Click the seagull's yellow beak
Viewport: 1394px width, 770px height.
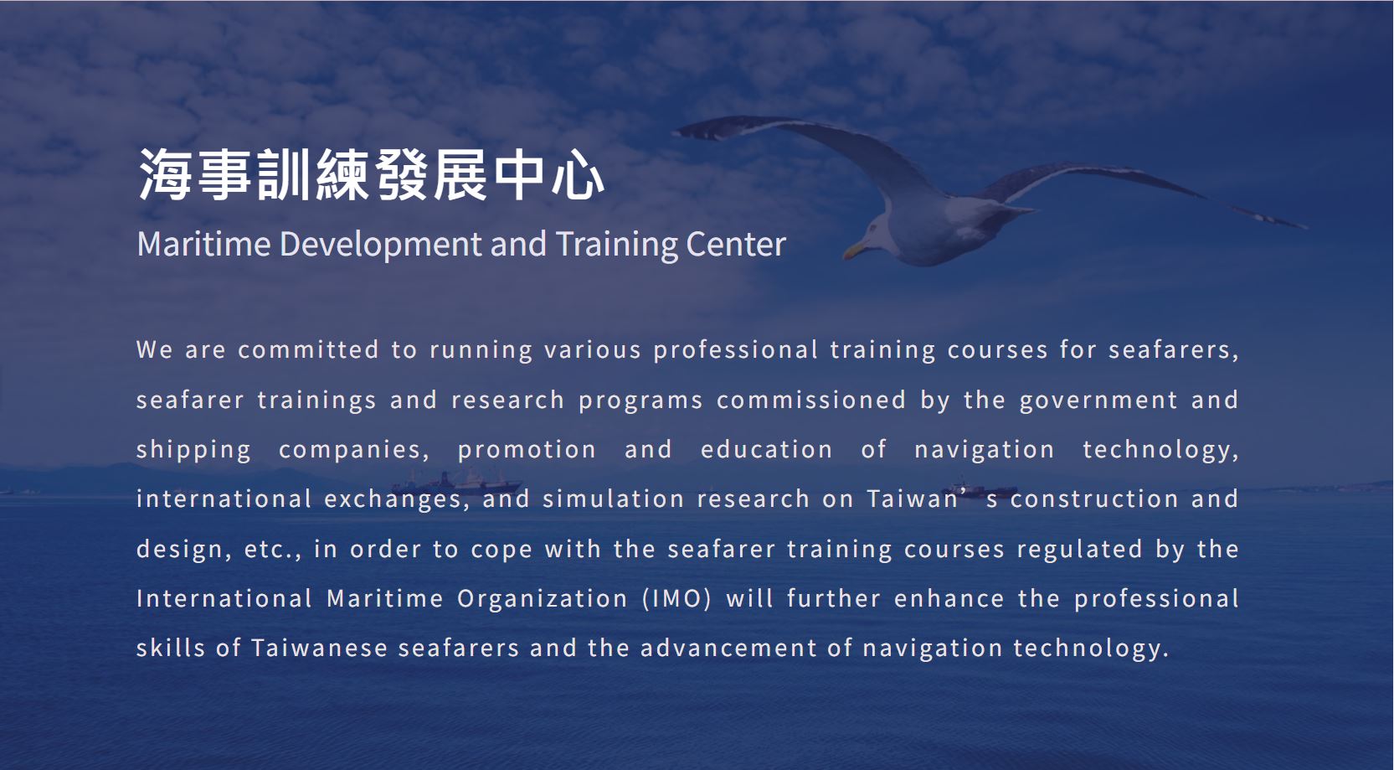tap(855, 251)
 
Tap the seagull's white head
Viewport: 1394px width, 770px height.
tap(881, 232)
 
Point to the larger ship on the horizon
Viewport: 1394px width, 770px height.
tap(456, 483)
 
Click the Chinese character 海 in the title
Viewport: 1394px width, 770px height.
tap(164, 175)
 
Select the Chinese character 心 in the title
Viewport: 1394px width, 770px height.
tap(577, 175)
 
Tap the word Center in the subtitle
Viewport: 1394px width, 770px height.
tap(736, 244)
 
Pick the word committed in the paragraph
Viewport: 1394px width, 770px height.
tap(309, 349)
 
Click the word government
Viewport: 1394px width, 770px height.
tap(1098, 401)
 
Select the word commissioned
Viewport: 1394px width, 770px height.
tap(811, 400)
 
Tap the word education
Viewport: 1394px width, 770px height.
tap(767, 449)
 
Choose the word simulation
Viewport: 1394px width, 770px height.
tap(613, 499)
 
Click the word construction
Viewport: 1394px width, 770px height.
tap(1094, 499)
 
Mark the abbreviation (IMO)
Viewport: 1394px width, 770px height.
tap(676, 599)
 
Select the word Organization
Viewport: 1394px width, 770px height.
tap(542, 599)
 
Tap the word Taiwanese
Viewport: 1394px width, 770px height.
tap(320, 649)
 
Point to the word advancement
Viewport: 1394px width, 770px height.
tap(728, 649)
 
